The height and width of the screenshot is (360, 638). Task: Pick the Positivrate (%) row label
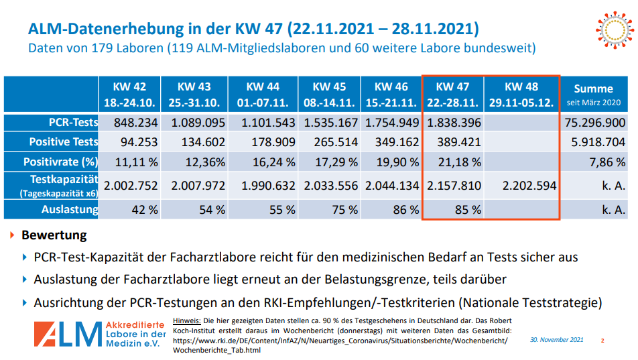point(61,162)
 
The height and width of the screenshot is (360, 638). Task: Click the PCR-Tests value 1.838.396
point(453,123)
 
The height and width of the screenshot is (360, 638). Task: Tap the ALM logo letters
point(67,334)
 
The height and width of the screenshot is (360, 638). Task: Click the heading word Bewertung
point(54,236)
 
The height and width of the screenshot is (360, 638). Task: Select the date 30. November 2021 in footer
point(556,340)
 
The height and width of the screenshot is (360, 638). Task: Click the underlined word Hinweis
point(187,320)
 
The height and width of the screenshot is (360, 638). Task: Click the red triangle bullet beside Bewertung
point(12,236)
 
